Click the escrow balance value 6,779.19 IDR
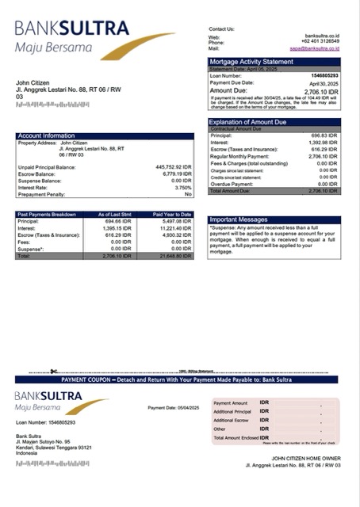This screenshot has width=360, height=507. coord(177,173)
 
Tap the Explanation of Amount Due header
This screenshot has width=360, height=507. coord(251,122)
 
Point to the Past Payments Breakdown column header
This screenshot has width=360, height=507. coord(48,214)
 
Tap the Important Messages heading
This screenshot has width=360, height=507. coord(240,220)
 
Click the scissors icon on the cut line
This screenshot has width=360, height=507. coord(52,371)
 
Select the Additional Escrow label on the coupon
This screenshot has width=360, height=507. coord(232,420)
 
